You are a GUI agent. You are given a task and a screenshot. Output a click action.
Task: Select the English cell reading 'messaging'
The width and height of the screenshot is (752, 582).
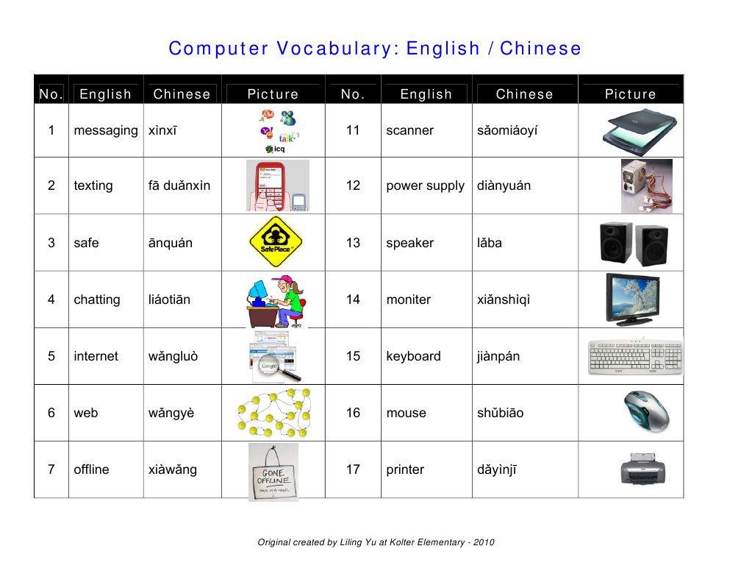point(105,130)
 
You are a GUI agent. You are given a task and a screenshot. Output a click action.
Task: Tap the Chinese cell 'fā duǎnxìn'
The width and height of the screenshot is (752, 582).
point(179,185)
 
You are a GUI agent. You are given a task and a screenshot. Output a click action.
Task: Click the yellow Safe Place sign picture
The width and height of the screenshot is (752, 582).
point(276,242)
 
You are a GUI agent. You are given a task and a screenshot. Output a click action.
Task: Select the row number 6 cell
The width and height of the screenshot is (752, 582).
point(51,413)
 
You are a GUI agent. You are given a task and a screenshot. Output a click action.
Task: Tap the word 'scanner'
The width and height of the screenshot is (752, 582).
point(409,130)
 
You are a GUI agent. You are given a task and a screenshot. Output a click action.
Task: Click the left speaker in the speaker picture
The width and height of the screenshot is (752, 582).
point(615,242)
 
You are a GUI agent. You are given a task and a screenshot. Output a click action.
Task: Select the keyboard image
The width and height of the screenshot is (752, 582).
point(635,357)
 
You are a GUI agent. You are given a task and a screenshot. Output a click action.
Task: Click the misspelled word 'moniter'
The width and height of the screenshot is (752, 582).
point(408,299)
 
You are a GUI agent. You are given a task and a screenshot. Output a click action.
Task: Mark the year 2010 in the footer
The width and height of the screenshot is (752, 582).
point(484,542)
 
